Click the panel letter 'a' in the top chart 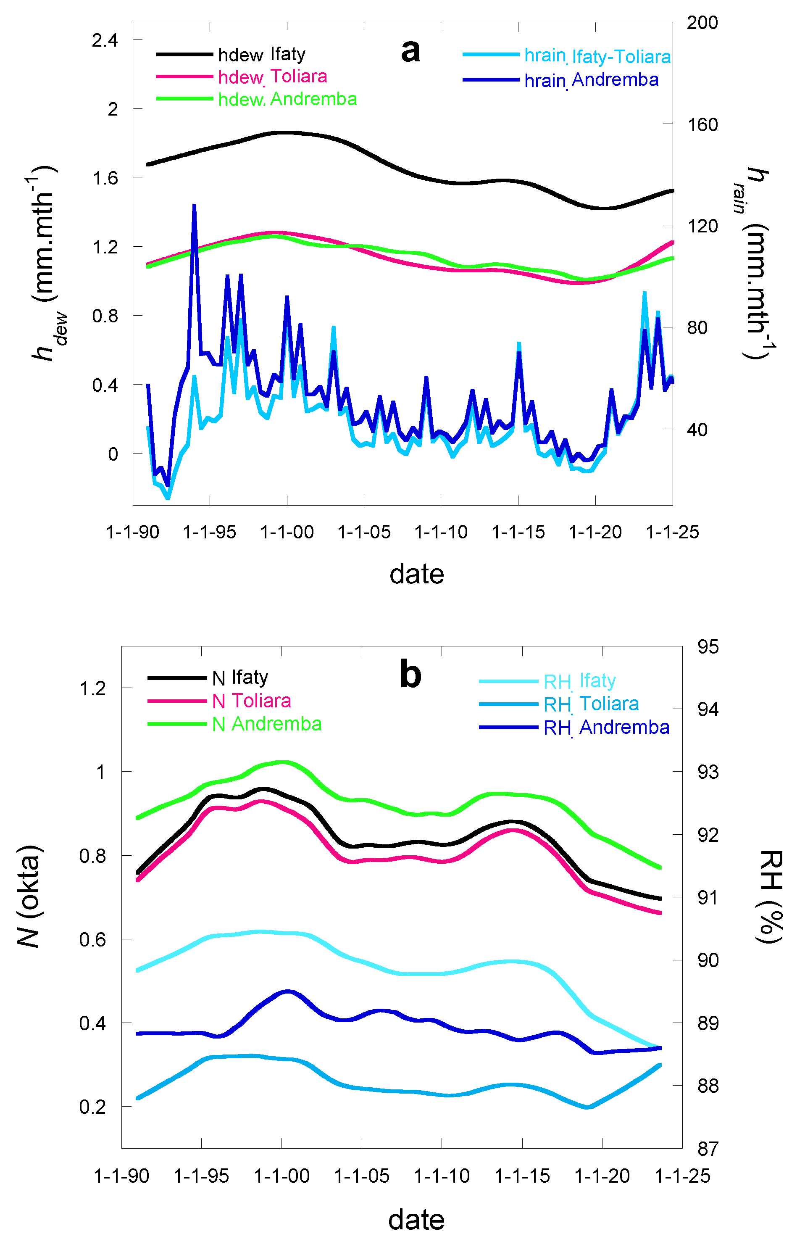(x=410, y=51)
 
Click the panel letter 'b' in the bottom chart (x=410, y=675)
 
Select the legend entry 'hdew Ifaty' (x=261, y=54)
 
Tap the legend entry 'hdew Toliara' (x=272, y=77)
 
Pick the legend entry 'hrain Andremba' (x=591, y=80)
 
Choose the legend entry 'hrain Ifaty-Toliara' (x=597, y=56)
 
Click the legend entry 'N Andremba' (x=267, y=724)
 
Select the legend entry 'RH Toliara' (x=591, y=704)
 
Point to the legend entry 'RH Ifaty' (x=579, y=681)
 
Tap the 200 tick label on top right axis (x=702, y=22)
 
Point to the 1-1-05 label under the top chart (x=364, y=532)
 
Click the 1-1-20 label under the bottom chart (x=602, y=1176)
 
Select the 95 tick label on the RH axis (x=708, y=647)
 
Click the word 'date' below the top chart (x=417, y=574)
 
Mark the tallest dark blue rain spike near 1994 (x=194, y=206)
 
